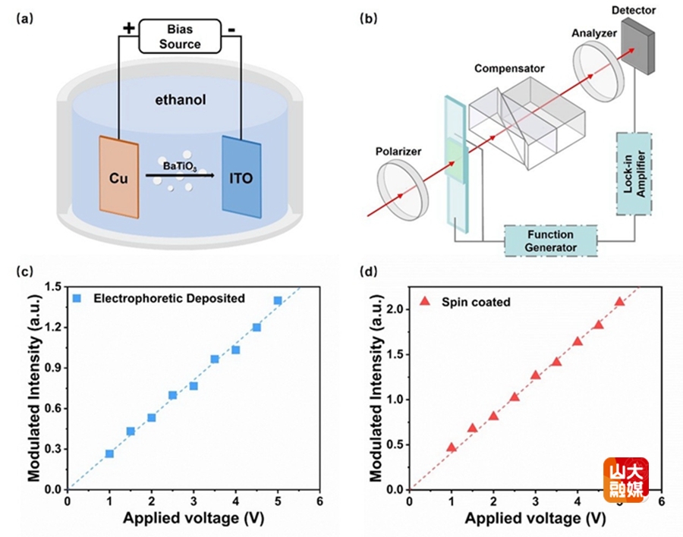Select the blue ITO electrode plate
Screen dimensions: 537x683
(241, 175)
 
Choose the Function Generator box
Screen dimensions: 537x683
(551, 241)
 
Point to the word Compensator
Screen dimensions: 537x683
(510, 69)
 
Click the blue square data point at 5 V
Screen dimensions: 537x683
(278, 300)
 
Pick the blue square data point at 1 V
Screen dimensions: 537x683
(110, 454)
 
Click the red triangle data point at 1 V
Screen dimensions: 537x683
(452, 447)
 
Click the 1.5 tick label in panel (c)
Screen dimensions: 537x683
(53, 287)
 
